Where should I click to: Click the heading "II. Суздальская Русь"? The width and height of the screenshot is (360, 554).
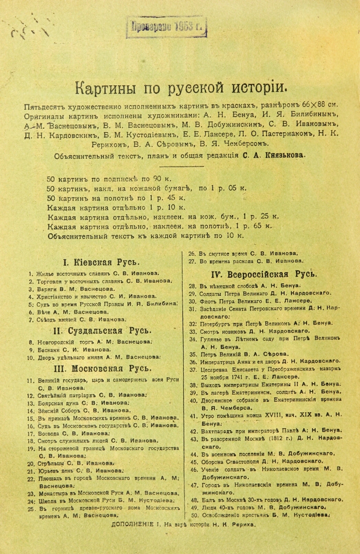(100, 330)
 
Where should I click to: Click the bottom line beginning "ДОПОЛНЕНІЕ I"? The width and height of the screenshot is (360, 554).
(183, 525)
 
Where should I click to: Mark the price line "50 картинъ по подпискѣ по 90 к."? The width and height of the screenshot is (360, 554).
(109, 179)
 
